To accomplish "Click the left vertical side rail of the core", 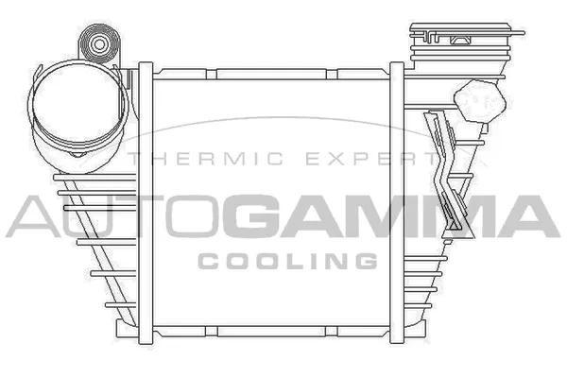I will click(145, 198).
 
